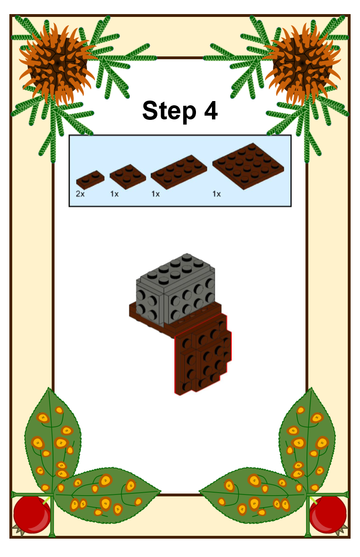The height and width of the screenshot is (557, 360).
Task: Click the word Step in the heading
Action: point(169,111)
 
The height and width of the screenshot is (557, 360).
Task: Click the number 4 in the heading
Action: point(211,110)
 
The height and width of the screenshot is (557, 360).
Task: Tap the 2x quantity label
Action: point(80,194)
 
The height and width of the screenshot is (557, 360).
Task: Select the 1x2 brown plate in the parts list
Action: point(90,180)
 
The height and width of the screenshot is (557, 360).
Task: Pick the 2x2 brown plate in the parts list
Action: point(128,176)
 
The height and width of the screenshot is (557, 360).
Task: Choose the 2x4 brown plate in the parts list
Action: point(179,172)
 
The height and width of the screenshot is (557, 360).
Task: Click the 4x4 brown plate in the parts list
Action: point(248,165)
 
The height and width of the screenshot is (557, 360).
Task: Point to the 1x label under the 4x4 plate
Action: point(217,194)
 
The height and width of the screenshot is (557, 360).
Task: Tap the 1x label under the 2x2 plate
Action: point(114,194)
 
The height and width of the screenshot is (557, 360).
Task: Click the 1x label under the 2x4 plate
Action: point(156,194)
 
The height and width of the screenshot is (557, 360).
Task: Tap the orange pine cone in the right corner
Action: point(303,64)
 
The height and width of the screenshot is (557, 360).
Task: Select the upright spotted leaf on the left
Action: point(53,440)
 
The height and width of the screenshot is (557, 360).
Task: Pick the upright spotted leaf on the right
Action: point(307,440)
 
